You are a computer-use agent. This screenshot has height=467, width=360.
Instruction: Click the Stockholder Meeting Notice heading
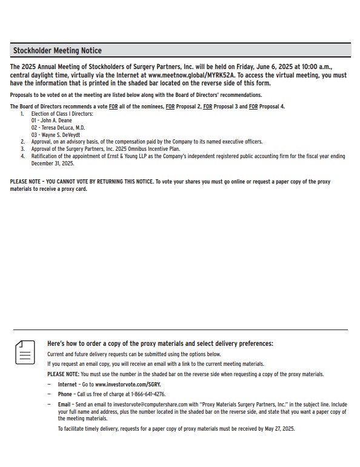click(58, 50)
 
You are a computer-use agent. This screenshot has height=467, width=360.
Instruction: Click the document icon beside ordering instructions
click(25, 351)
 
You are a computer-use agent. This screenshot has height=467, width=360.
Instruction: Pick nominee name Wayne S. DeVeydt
click(59, 134)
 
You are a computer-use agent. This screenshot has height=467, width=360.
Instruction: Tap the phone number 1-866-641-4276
click(145, 394)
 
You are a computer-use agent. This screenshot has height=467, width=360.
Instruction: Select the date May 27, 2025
click(280, 428)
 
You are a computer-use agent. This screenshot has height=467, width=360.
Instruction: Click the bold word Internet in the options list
click(67, 385)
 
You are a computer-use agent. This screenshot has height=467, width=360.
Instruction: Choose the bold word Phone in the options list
click(65, 394)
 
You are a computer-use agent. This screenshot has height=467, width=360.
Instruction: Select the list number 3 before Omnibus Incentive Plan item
click(22, 148)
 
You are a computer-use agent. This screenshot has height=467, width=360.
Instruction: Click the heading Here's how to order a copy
click(160, 343)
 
